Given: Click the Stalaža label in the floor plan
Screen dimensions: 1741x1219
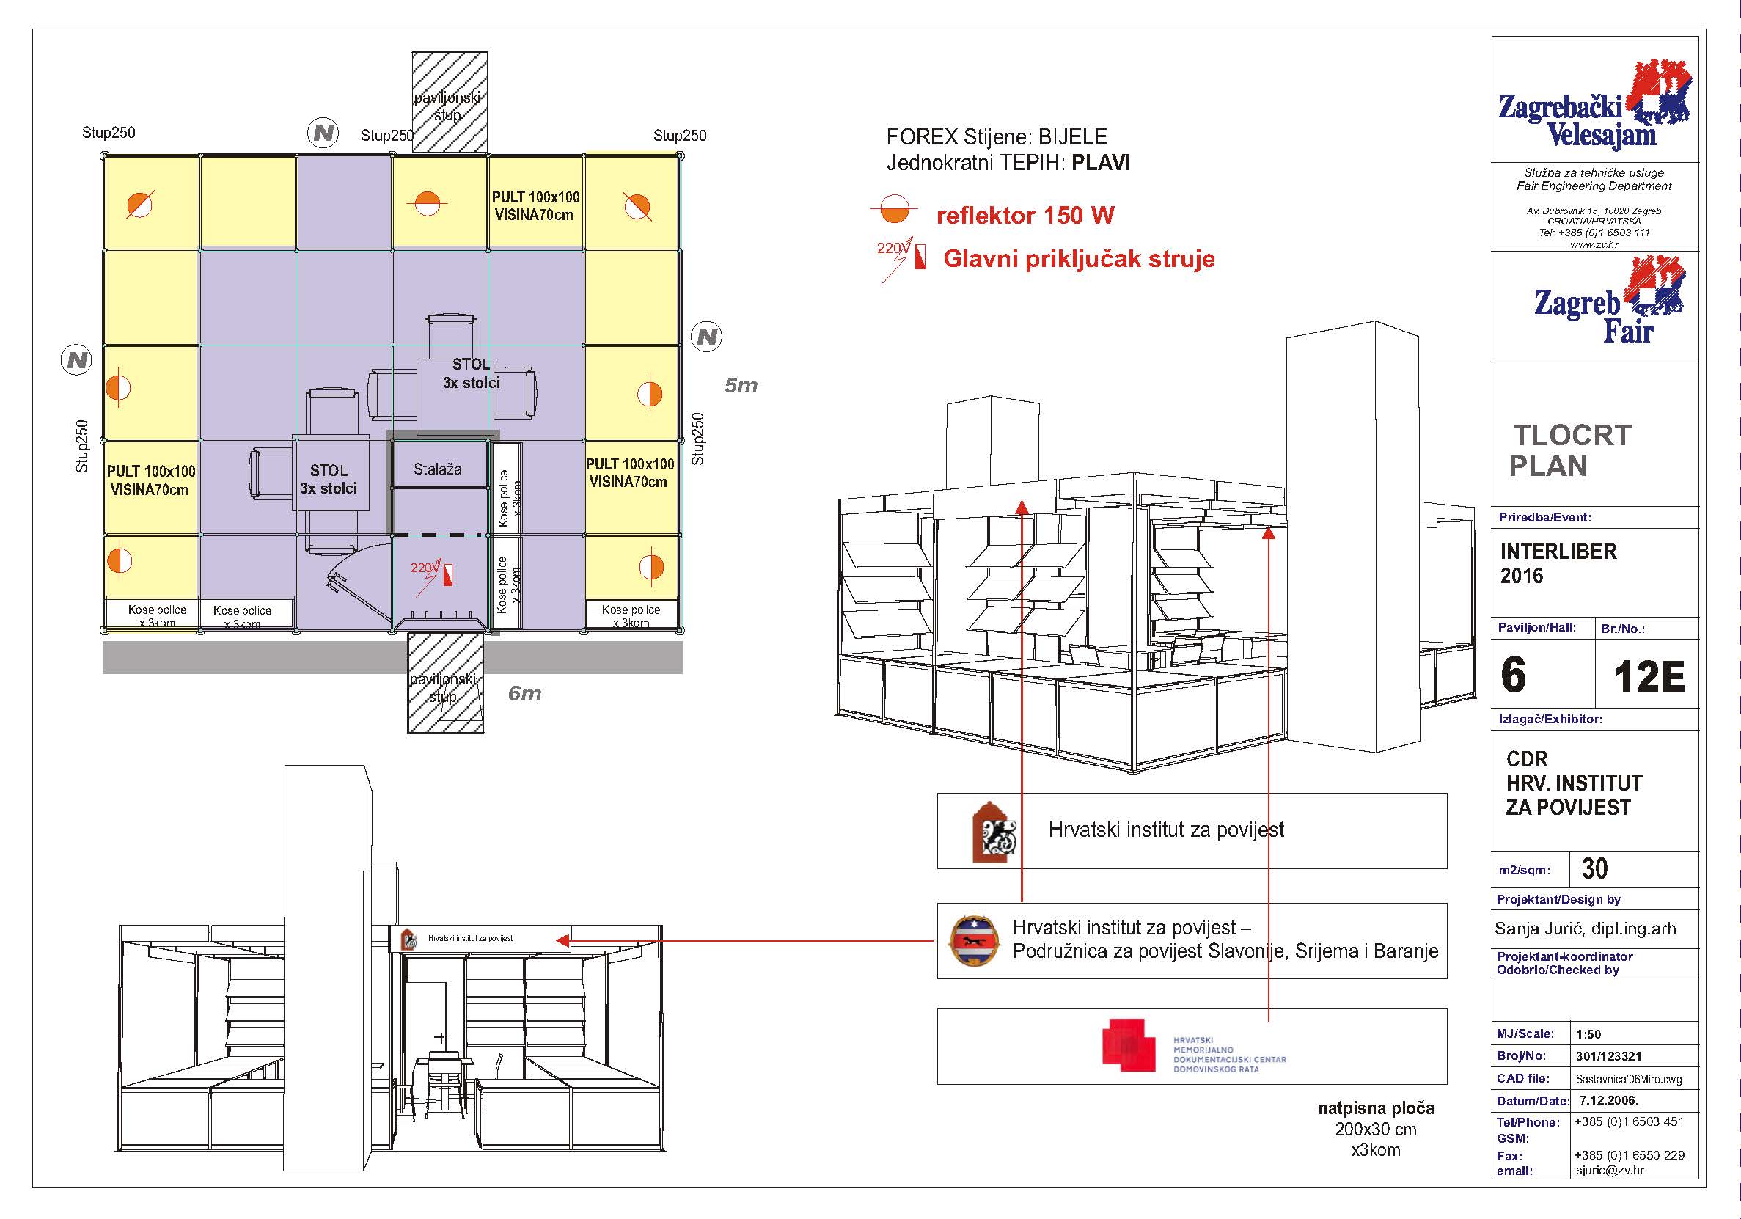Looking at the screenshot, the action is click(x=438, y=469).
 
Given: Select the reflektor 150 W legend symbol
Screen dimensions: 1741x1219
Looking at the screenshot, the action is click(x=895, y=208).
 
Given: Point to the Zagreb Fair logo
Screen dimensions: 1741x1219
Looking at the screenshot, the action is click(x=1608, y=301).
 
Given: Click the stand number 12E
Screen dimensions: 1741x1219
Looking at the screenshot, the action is click(x=1648, y=678).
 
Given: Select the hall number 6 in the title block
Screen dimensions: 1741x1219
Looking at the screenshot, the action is click(x=1513, y=675).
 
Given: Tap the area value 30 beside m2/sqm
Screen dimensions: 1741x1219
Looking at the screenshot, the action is click(x=1594, y=868).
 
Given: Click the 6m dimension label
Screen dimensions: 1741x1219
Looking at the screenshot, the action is click(x=525, y=693).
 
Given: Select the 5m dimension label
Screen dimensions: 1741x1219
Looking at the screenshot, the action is click(x=741, y=385).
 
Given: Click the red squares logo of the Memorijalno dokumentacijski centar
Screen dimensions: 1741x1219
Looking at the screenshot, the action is click(x=1129, y=1045).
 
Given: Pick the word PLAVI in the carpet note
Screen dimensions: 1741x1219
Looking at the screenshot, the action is click(x=1100, y=162).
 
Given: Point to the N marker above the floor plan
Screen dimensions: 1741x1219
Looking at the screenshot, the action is click(x=323, y=133).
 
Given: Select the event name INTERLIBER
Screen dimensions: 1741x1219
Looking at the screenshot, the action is click(x=1558, y=552).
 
